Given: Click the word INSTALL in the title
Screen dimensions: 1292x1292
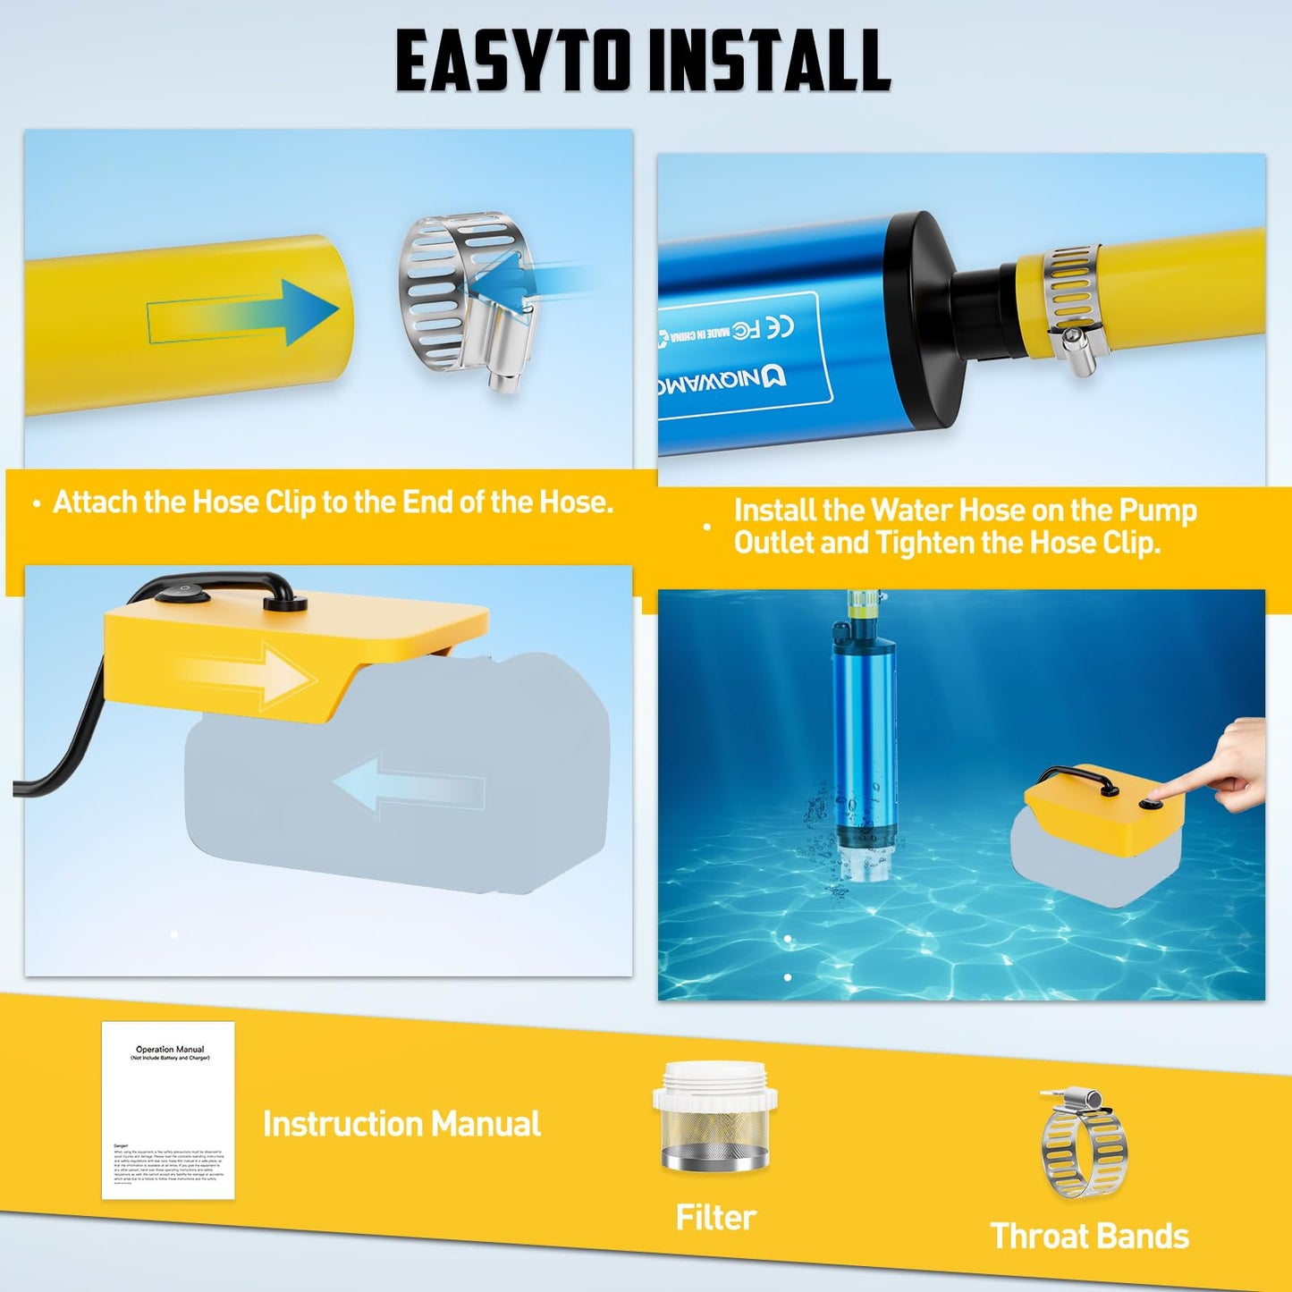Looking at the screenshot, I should [x=769, y=61].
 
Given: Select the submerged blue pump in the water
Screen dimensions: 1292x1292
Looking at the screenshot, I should [x=862, y=751].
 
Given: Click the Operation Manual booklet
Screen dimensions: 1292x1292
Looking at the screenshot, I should [x=168, y=1110].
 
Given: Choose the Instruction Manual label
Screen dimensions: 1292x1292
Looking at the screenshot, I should [x=401, y=1124].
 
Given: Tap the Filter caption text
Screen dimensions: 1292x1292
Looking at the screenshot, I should [x=715, y=1218].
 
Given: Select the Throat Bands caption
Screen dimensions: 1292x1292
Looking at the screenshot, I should [x=1089, y=1237].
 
